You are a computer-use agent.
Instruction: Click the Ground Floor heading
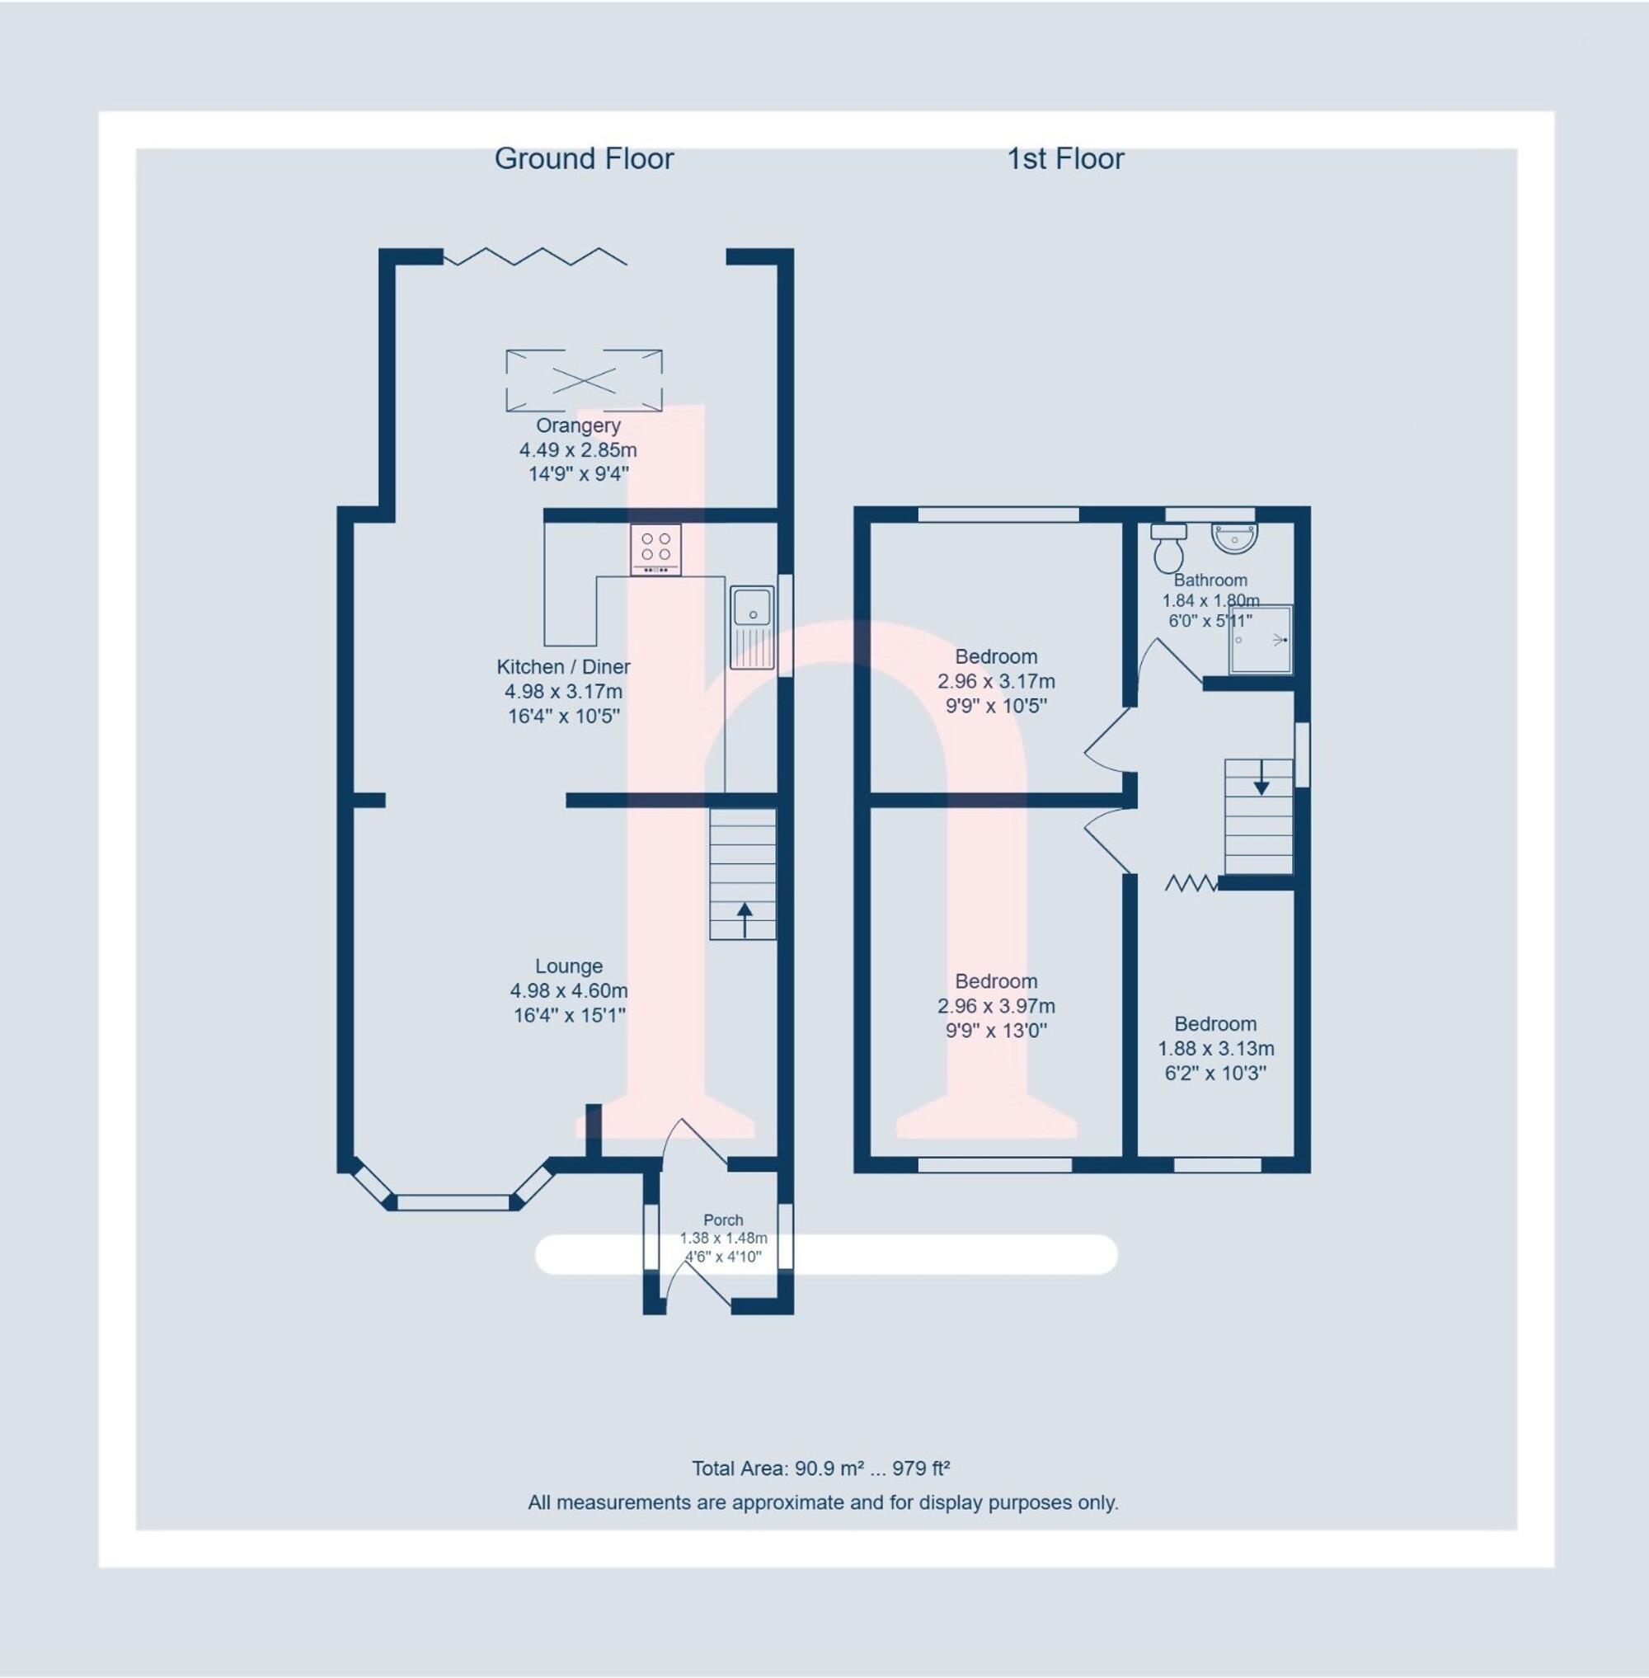click(584, 158)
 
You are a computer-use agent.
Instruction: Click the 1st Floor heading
click(1065, 158)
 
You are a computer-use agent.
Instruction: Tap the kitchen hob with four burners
click(655, 548)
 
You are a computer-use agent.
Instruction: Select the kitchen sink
click(751, 628)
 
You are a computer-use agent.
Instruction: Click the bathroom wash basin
click(1235, 537)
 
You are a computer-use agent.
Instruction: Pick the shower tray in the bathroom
click(1261, 639)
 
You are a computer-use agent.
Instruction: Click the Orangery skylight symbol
click(584, 379)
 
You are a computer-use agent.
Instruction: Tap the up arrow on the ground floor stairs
click(743, 918)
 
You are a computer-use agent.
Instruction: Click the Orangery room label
click(578, 425)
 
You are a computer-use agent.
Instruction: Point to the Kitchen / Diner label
click(563, 666)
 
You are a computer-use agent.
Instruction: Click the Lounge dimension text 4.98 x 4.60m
click(569, 990)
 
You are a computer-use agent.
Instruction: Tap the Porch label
click(723, 1220)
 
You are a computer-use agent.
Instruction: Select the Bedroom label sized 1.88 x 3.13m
click(1215, 1023)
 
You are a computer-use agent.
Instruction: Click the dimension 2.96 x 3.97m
click(996, 1006)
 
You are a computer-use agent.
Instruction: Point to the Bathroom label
click(1210, 580)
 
